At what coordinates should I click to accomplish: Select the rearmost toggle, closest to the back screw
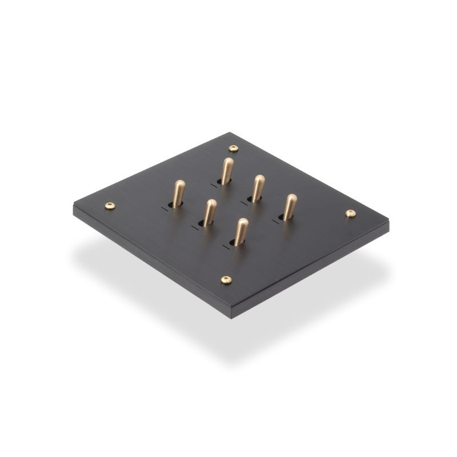click(x=227, y=169)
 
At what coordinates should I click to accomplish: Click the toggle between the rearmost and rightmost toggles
click(x=258, y=187)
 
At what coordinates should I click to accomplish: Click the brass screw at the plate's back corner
click(x=232, y=149)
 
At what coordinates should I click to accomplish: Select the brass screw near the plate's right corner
click(x=351, y=213)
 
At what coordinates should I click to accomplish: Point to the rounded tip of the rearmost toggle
click(x=228, y=162)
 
